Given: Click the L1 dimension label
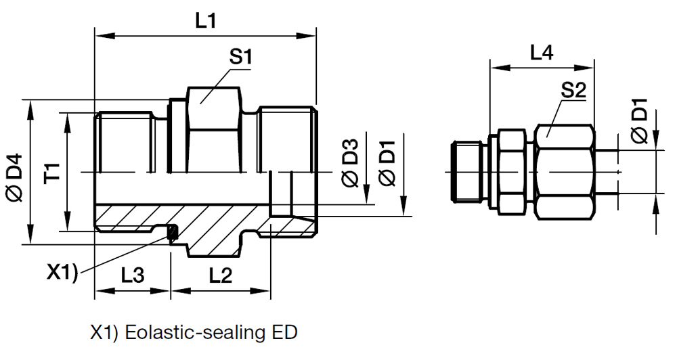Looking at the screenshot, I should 205,20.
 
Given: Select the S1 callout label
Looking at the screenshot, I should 241,58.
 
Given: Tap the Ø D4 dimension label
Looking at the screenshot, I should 15,178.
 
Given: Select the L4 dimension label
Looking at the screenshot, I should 541,51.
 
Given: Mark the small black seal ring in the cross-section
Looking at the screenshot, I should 173,234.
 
